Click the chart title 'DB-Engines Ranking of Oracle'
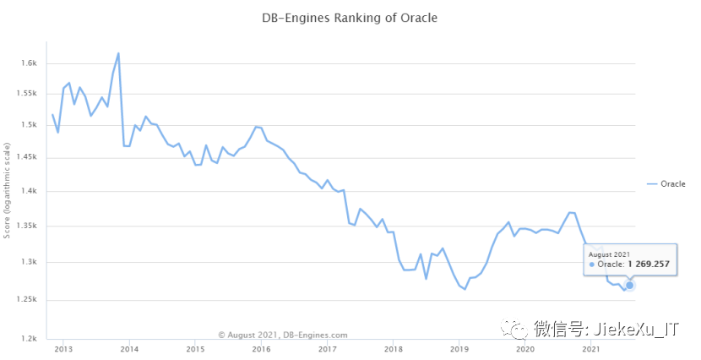[350, 18]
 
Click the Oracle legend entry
[666, 184]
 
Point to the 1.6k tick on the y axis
[30, 63]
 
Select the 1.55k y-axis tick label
[28, 94]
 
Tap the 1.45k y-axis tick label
[28, 157]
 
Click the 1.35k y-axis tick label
[28, 226]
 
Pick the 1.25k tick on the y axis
[28, 300]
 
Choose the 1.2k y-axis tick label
[30, 339]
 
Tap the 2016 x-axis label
[261, 348]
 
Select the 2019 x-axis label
[459, 348]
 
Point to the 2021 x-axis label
[591, 348]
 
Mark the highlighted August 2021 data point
[629, 286]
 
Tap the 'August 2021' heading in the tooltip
[609, 253]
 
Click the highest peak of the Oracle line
[118, 53]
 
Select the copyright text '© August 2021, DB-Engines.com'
[282, 335]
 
